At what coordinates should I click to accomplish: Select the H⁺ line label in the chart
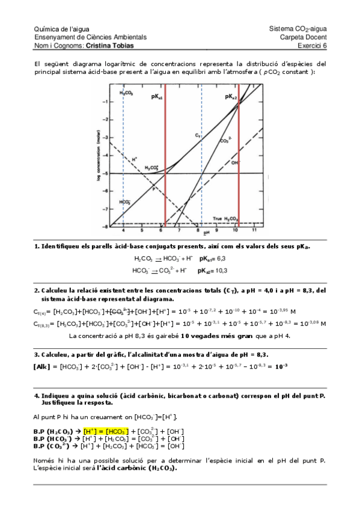tap(134, 159)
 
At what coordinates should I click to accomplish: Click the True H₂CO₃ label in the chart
tap(226, 218)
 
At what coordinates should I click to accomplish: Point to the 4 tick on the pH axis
tap(123, 230)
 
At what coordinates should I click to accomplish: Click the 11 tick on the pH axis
tap(254, 230)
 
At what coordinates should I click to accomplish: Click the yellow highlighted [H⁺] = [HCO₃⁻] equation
tap(106, 431)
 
